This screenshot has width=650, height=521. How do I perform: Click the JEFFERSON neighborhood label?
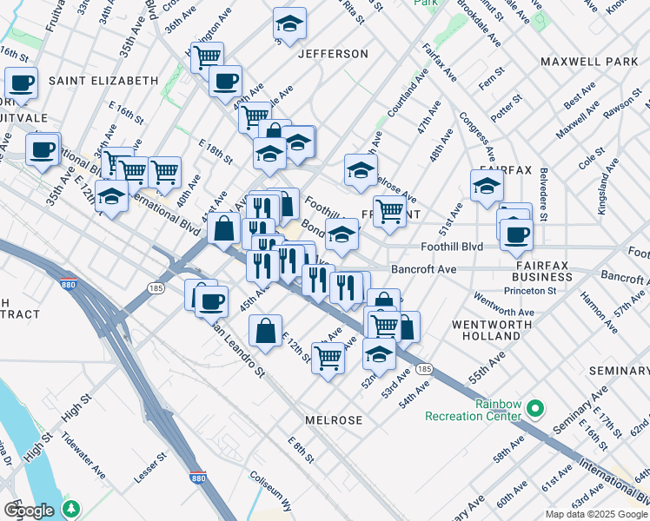click(x=333, y=54)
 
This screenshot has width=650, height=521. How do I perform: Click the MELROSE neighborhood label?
click(x=334, y=419)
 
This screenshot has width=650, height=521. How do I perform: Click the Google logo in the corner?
click(x=29, y=510)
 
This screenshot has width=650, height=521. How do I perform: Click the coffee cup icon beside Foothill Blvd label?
click(x=516, y=234)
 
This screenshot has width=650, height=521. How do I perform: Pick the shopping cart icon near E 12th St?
click(x=328, y=357)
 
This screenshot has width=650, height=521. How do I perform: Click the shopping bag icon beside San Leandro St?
click(x=266, y=330)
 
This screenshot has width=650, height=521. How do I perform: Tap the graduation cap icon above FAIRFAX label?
click(x=487, y=185)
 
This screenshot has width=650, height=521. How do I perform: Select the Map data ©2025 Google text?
click(x=596, y=514)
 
